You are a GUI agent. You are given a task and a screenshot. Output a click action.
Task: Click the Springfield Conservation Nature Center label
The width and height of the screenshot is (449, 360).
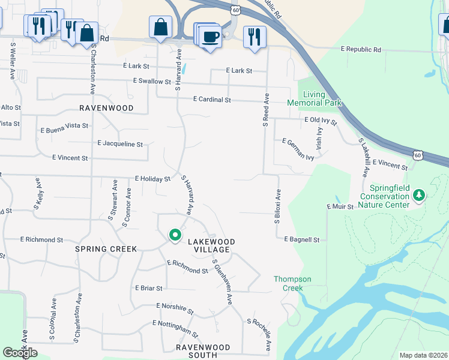pos(384,196)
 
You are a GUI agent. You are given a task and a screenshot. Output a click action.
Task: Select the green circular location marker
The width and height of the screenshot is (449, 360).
pos(175,235)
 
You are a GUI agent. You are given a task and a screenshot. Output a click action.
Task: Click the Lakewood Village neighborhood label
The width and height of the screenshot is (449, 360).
pos(211,245)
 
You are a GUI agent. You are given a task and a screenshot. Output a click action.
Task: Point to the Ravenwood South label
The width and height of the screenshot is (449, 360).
pos(203,351)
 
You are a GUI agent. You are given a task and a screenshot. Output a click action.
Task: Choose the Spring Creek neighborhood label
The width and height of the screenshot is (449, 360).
pos(106,248)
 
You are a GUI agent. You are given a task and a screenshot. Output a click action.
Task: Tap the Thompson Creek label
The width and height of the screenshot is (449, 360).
pos(292,283)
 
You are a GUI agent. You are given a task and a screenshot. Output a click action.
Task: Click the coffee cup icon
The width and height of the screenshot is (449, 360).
pos(210,36)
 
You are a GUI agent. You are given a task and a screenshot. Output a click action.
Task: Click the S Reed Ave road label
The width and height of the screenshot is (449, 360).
pos(265,110)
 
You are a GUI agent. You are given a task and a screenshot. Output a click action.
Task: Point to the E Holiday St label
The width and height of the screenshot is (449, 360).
pos(152,179)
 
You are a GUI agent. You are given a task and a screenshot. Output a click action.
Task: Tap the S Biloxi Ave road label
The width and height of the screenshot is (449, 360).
pos(278,206)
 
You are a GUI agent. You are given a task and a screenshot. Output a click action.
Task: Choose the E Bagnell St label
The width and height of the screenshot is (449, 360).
pos(301,239)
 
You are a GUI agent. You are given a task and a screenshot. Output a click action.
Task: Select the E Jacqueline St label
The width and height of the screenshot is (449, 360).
pos(120,144)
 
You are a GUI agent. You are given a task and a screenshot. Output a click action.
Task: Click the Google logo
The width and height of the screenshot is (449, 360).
pos(20,353)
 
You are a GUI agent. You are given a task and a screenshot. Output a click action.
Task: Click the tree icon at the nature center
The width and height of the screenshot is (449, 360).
pos(420,195)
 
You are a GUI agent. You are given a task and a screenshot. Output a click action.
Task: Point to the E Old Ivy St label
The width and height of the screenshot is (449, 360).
pos(321,121)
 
